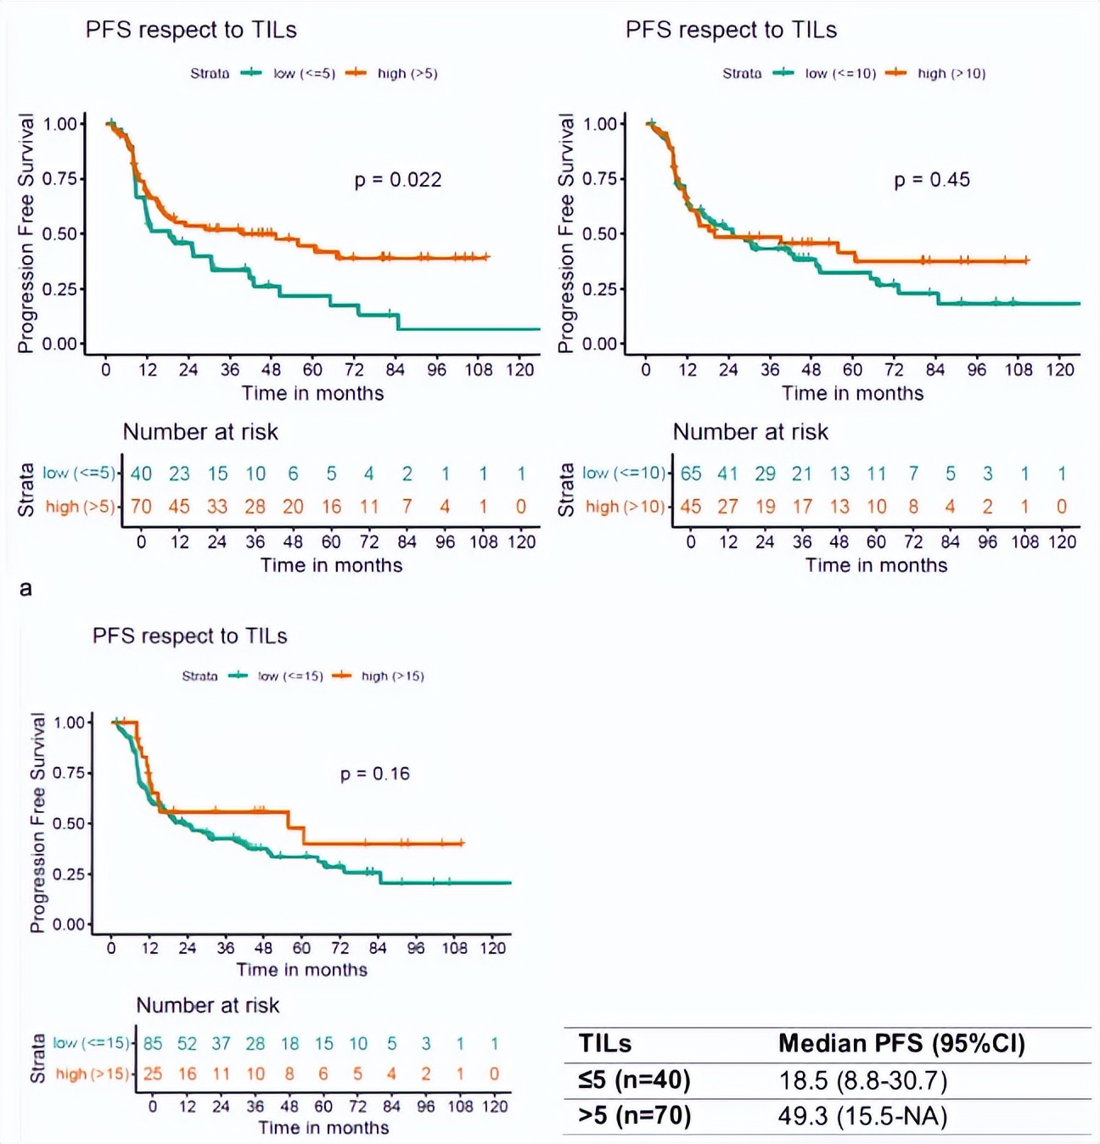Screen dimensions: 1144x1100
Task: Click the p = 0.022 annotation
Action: (x=398, y=180)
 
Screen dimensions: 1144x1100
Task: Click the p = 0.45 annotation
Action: (x=932, y=180)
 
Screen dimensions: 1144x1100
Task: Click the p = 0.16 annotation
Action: (x=375, y=774)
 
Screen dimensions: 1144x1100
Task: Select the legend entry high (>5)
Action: (x=407, y=74)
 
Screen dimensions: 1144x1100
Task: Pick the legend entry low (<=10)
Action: (x=839, y=74)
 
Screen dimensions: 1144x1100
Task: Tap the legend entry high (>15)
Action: (x=392, y=676)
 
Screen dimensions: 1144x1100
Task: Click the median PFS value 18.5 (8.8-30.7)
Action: (x=863, y=1081)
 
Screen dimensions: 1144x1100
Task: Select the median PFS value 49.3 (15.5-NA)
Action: (x=862, y=1116)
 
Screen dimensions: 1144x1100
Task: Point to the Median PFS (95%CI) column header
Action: (x=901, y=1044)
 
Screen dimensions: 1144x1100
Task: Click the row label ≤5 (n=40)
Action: (x=634, y=1081)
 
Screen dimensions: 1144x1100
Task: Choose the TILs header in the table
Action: (x=605, y=1044)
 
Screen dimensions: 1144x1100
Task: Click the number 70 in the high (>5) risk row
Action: (x=141, y=507)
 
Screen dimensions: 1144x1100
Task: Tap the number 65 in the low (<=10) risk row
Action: (x=691, y=474)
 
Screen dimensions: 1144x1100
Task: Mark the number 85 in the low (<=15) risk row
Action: (x=153, y=1044)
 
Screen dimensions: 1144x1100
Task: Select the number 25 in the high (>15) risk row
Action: (x=153, y=1074)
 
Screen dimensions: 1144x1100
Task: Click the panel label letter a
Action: (x=26, y=588)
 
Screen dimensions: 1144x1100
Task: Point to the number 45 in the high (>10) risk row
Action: (x=691, y=507)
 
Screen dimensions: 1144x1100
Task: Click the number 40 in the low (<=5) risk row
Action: (x=141, y=474)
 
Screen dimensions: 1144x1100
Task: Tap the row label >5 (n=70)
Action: (x=634, y=1116)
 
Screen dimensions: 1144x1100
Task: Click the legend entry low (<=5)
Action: (x=303, y=74)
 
